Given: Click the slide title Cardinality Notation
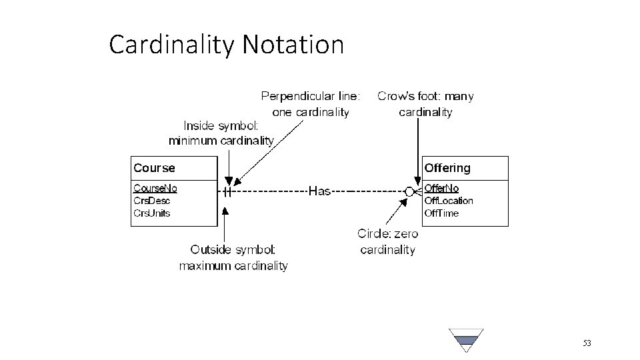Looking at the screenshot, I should [227, 45].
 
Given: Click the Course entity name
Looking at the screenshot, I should [154, 168].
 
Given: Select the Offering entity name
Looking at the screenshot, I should [447, 168].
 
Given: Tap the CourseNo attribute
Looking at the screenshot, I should [155, 188].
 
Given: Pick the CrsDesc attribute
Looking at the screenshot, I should [152, 201].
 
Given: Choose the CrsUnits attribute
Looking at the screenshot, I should [152, 213].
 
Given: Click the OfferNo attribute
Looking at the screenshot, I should [442, 189].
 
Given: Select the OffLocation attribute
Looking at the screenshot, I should [449, 201].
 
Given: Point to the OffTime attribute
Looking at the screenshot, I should [441, 213].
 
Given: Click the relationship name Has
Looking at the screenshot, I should [320, 191].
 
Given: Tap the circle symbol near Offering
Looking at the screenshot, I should [409, 191].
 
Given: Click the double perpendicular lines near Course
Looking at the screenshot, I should [228, 191].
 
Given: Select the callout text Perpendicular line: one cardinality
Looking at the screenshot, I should [311, 104].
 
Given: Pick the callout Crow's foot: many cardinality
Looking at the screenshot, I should [425, 104].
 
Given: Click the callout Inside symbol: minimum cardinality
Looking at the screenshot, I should [221, 133].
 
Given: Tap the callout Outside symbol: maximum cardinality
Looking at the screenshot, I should [233, 257].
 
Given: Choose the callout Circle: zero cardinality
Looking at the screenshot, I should [387, 242].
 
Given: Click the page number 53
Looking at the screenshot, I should [587, 343].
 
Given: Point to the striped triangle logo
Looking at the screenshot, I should [466, 340].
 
